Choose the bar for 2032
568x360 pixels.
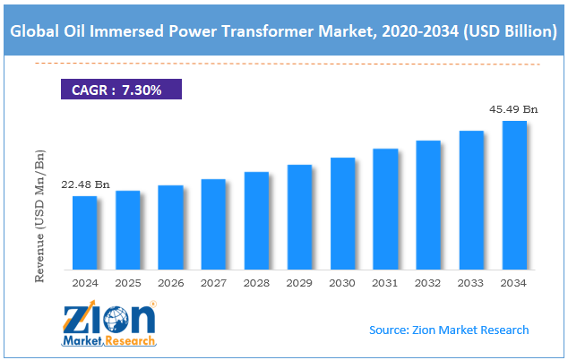coord(428,205)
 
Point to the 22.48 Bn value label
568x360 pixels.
coord(84,185)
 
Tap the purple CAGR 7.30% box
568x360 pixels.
coord(120,90)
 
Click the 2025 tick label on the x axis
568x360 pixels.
coord(127,283)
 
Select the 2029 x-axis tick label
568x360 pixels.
coord(299,283)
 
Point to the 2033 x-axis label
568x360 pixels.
coord(471,283)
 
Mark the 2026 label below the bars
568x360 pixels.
coord(170,283)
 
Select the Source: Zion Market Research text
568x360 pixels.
coord(449,330)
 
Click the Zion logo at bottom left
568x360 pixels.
coord(109,323)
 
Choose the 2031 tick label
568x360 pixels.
coord(385,283)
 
